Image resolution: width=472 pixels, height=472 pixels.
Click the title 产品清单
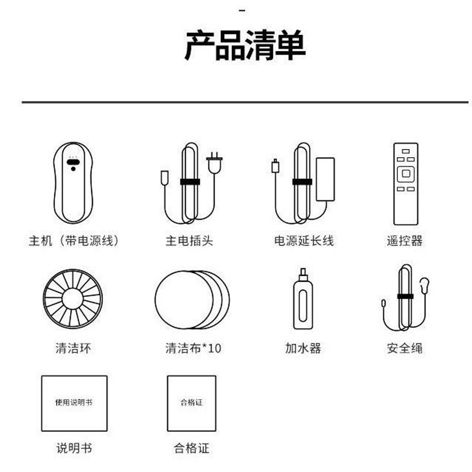[245, 45]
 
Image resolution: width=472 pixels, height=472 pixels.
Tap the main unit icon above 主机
[73, 183]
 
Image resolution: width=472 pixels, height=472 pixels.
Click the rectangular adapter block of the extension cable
[325, 179]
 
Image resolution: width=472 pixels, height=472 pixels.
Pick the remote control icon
[406, 183]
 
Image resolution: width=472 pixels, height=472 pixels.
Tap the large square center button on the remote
[406, 174]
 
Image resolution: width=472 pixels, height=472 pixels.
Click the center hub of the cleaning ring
[72, 299]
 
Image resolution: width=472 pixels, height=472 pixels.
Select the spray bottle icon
[303, 299]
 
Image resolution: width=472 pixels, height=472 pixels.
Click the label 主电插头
[189, 241]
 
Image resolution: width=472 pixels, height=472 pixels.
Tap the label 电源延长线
[304, 241]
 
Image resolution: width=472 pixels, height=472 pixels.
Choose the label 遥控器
[405, 241]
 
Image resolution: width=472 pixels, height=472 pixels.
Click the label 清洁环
[73, 348]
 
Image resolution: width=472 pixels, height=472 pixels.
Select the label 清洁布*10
[193, 348]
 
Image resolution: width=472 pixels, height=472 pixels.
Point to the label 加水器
[303, 348]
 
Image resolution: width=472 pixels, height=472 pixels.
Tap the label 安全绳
[405, 348]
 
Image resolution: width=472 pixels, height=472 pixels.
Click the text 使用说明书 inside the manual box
[74, 402]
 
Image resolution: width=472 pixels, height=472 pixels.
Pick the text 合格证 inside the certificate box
[191, 402]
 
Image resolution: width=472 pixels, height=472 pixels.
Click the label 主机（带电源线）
[74, 241]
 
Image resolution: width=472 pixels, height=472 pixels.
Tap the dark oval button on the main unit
[73, 162]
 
